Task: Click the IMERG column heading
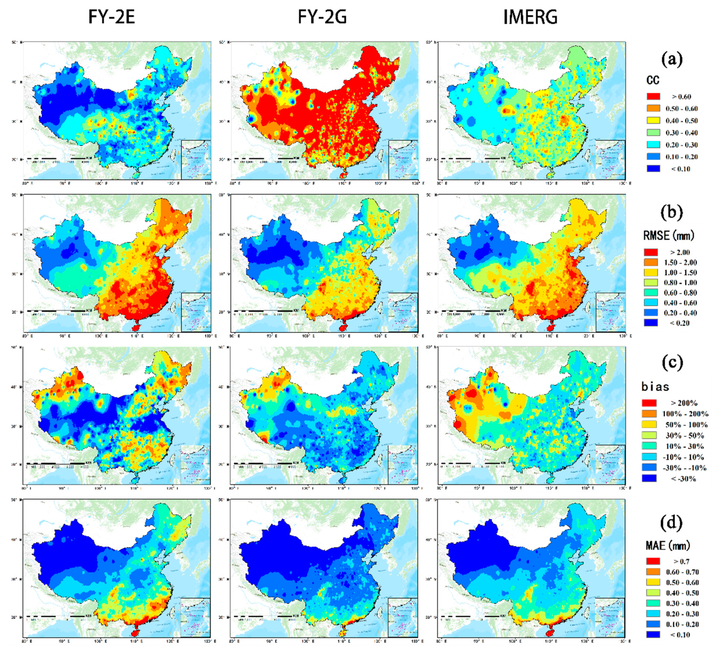[530, 17]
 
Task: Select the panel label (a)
[671, 59]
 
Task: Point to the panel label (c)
[672, 362]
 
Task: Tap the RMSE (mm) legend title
[668, 235]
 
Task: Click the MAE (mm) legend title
[667, 545]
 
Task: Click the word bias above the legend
[655, 387]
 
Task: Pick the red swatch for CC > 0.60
[653, 96]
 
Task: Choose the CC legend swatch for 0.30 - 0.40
[653, 133]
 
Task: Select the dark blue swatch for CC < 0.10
[653, 169]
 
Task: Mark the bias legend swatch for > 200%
[649, 403]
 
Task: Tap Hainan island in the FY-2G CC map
[343, 175]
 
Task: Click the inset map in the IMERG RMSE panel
[610, 312]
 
